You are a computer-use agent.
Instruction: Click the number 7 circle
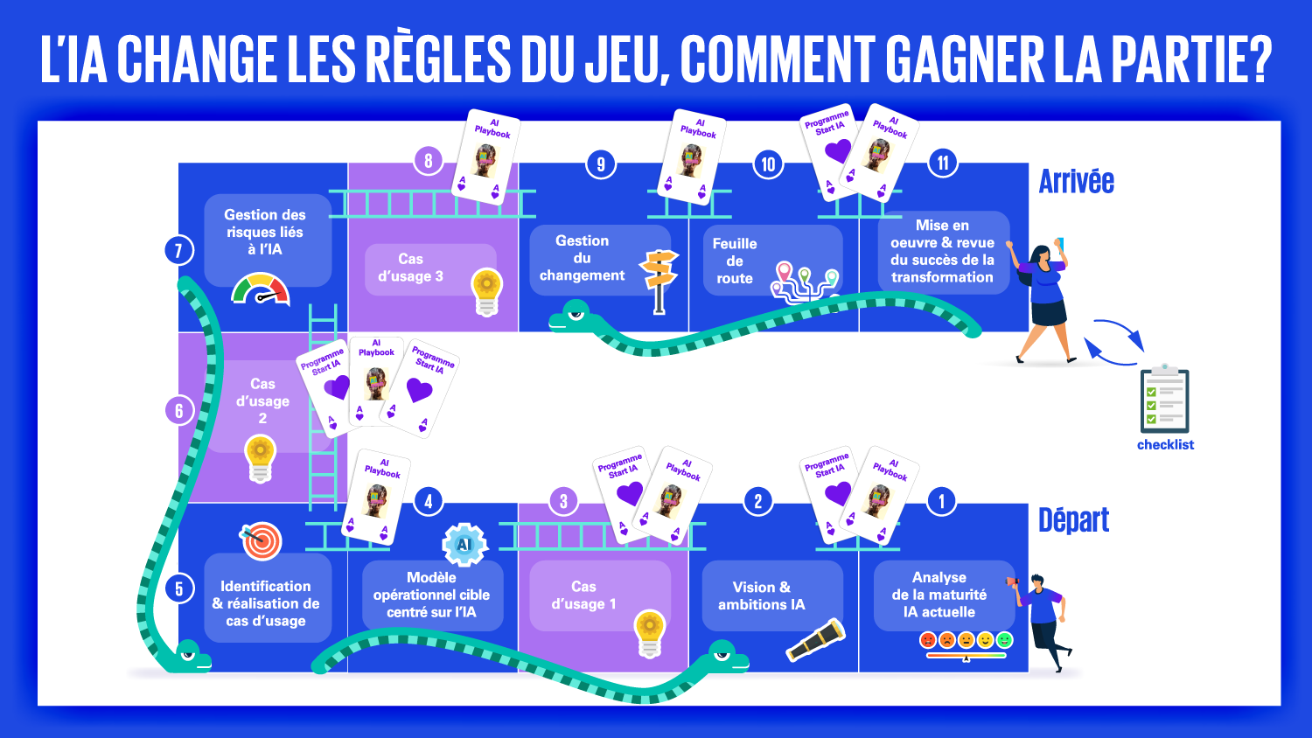[178, 251]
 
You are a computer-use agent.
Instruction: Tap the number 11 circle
[943, 163]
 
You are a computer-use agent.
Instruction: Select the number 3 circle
[563, 501]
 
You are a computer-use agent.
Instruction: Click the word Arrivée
[1076, 181]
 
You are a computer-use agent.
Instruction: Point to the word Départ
[1073, 520]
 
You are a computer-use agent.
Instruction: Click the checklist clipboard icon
[1164, 400]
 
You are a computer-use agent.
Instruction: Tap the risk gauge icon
[261, 289]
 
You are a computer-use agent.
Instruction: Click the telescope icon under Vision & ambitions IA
[815, 640]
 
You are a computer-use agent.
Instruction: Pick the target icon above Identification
[262, 541]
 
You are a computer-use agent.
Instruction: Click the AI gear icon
[464, 544]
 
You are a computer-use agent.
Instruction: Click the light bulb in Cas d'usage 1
[649, 634]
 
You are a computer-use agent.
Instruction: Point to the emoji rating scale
[966, 643]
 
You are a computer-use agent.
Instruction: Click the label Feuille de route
[735, 261]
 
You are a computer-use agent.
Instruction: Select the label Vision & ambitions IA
[761, 595]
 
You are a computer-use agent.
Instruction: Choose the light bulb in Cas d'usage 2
[260, 459]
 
